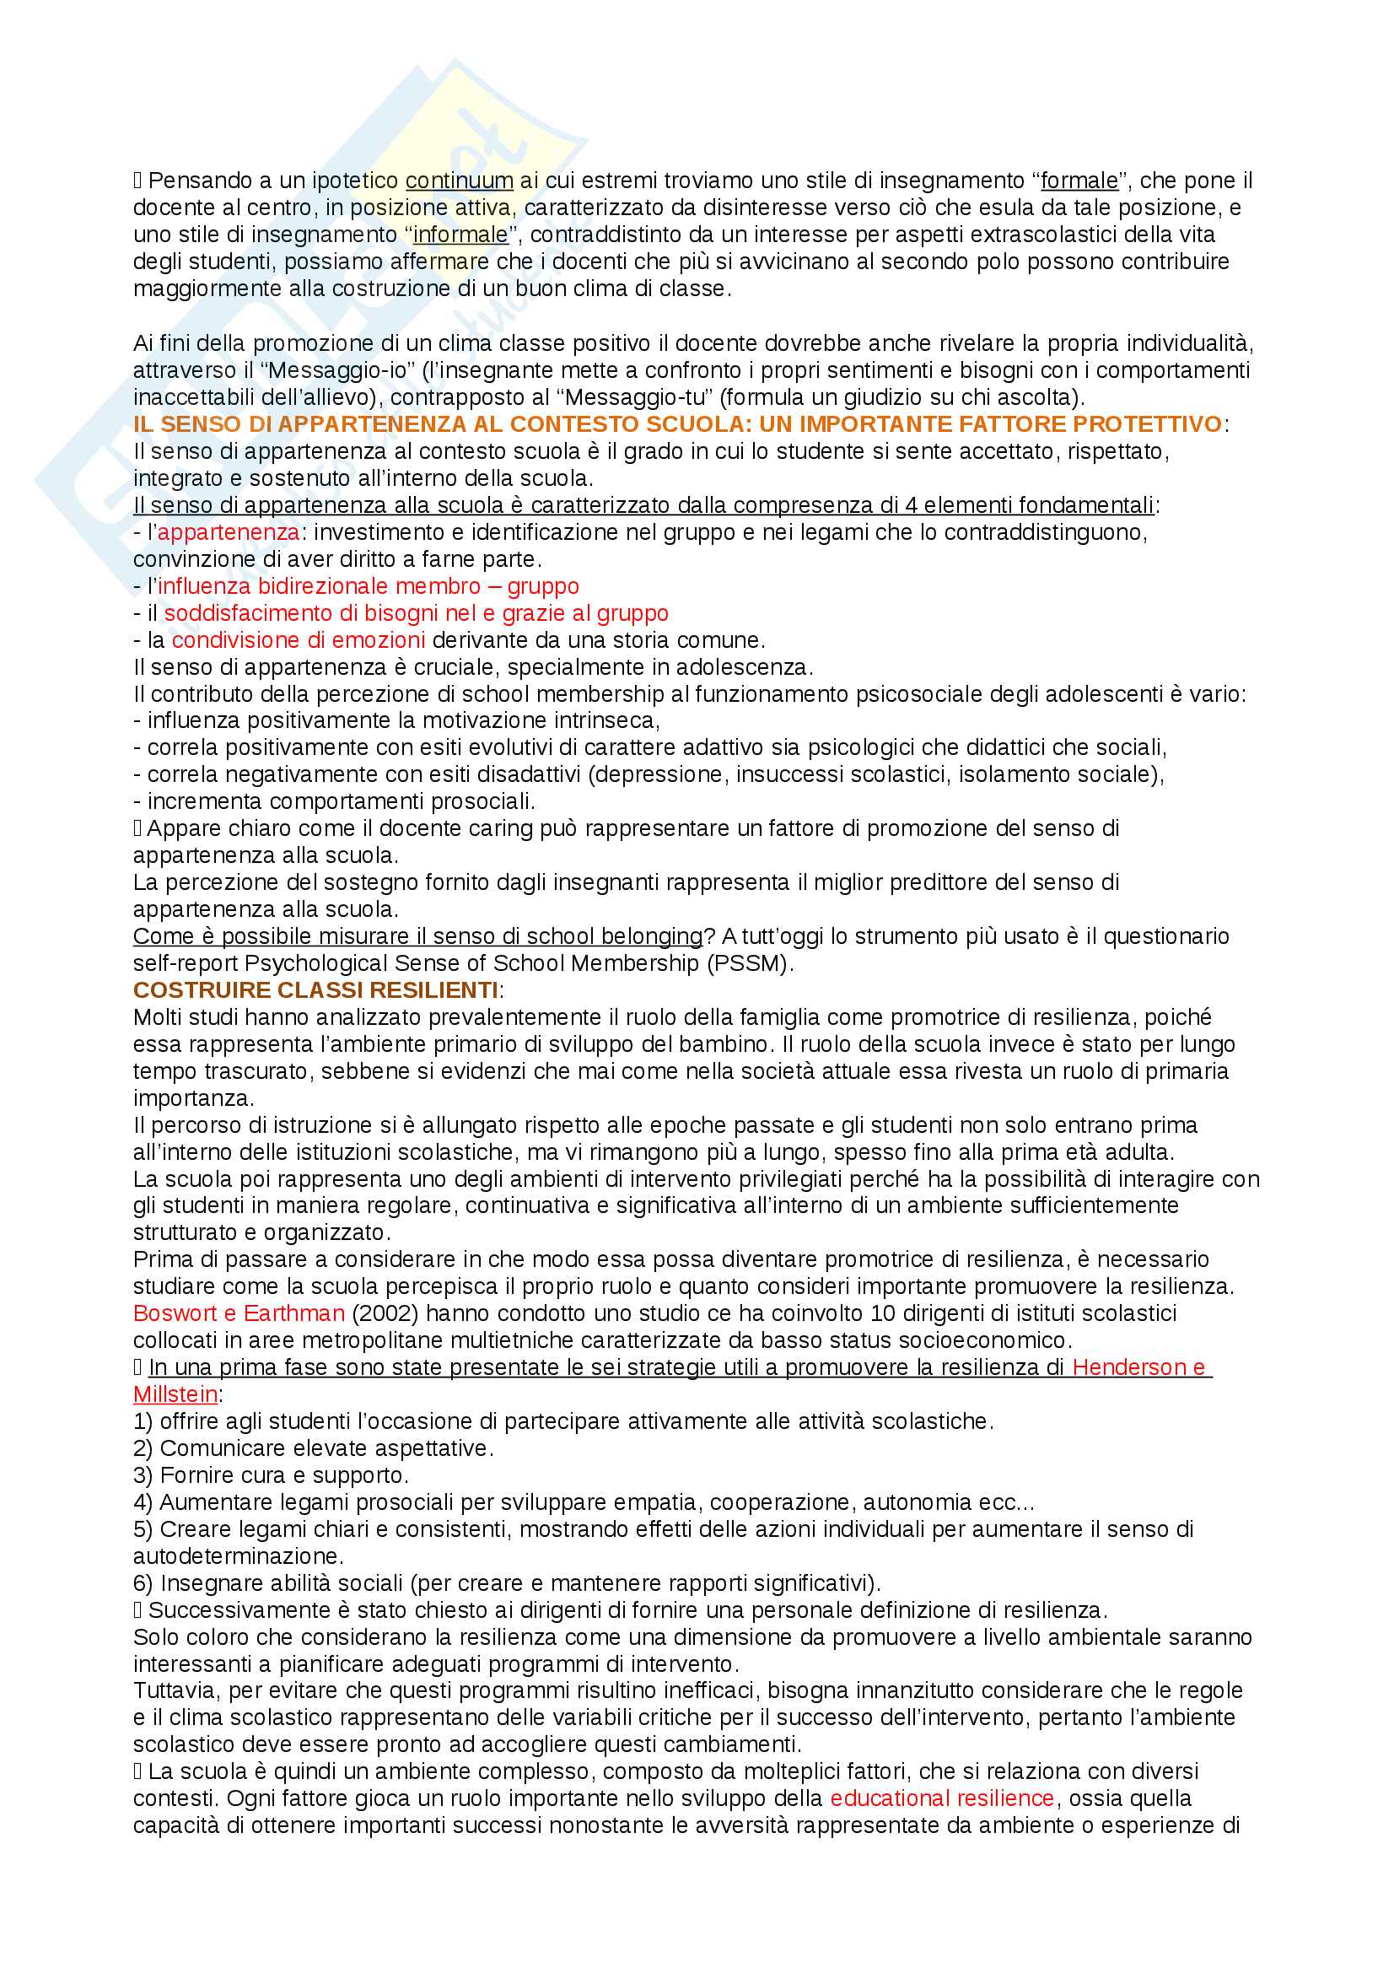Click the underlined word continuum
tap(459, 181)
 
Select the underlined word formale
tap(1079, 181)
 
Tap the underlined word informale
tap(460, 235)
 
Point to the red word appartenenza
tap(229, 533)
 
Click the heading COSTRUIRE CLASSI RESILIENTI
tap(315, 991)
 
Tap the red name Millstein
tap(175, 1394)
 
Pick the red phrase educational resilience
tap(941, 1798)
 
